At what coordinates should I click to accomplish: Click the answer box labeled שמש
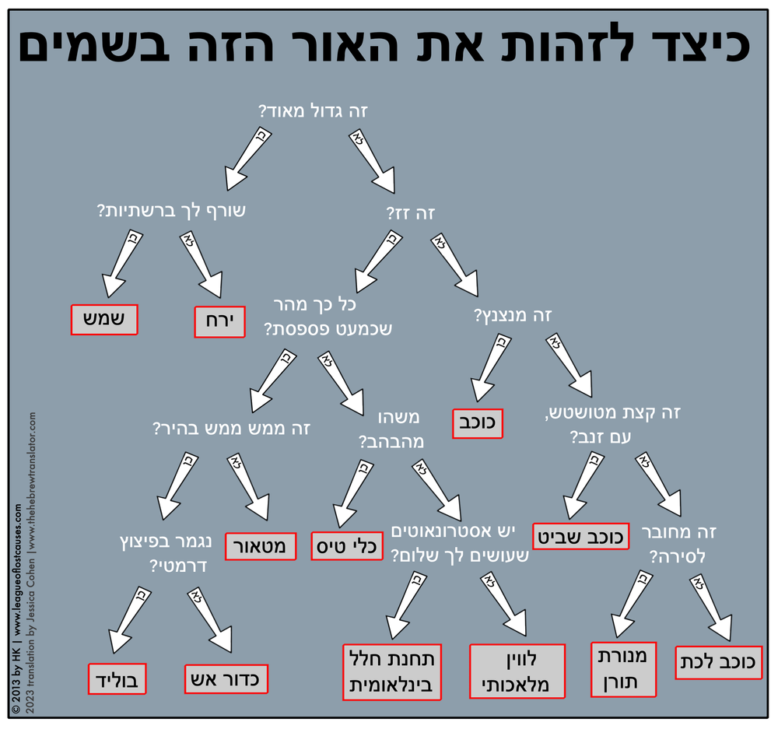click(x=104, y=319)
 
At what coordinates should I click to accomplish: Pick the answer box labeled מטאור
click(x=261, y=546)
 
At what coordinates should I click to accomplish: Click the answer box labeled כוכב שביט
click(x=581, y=537)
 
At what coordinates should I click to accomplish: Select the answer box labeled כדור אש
click(x=226, y=678)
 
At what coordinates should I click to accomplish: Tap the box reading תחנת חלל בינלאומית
click(x=393, y=671)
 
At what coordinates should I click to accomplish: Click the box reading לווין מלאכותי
click(x=516, y=671)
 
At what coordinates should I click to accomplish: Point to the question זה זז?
click(x=409, y=212)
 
